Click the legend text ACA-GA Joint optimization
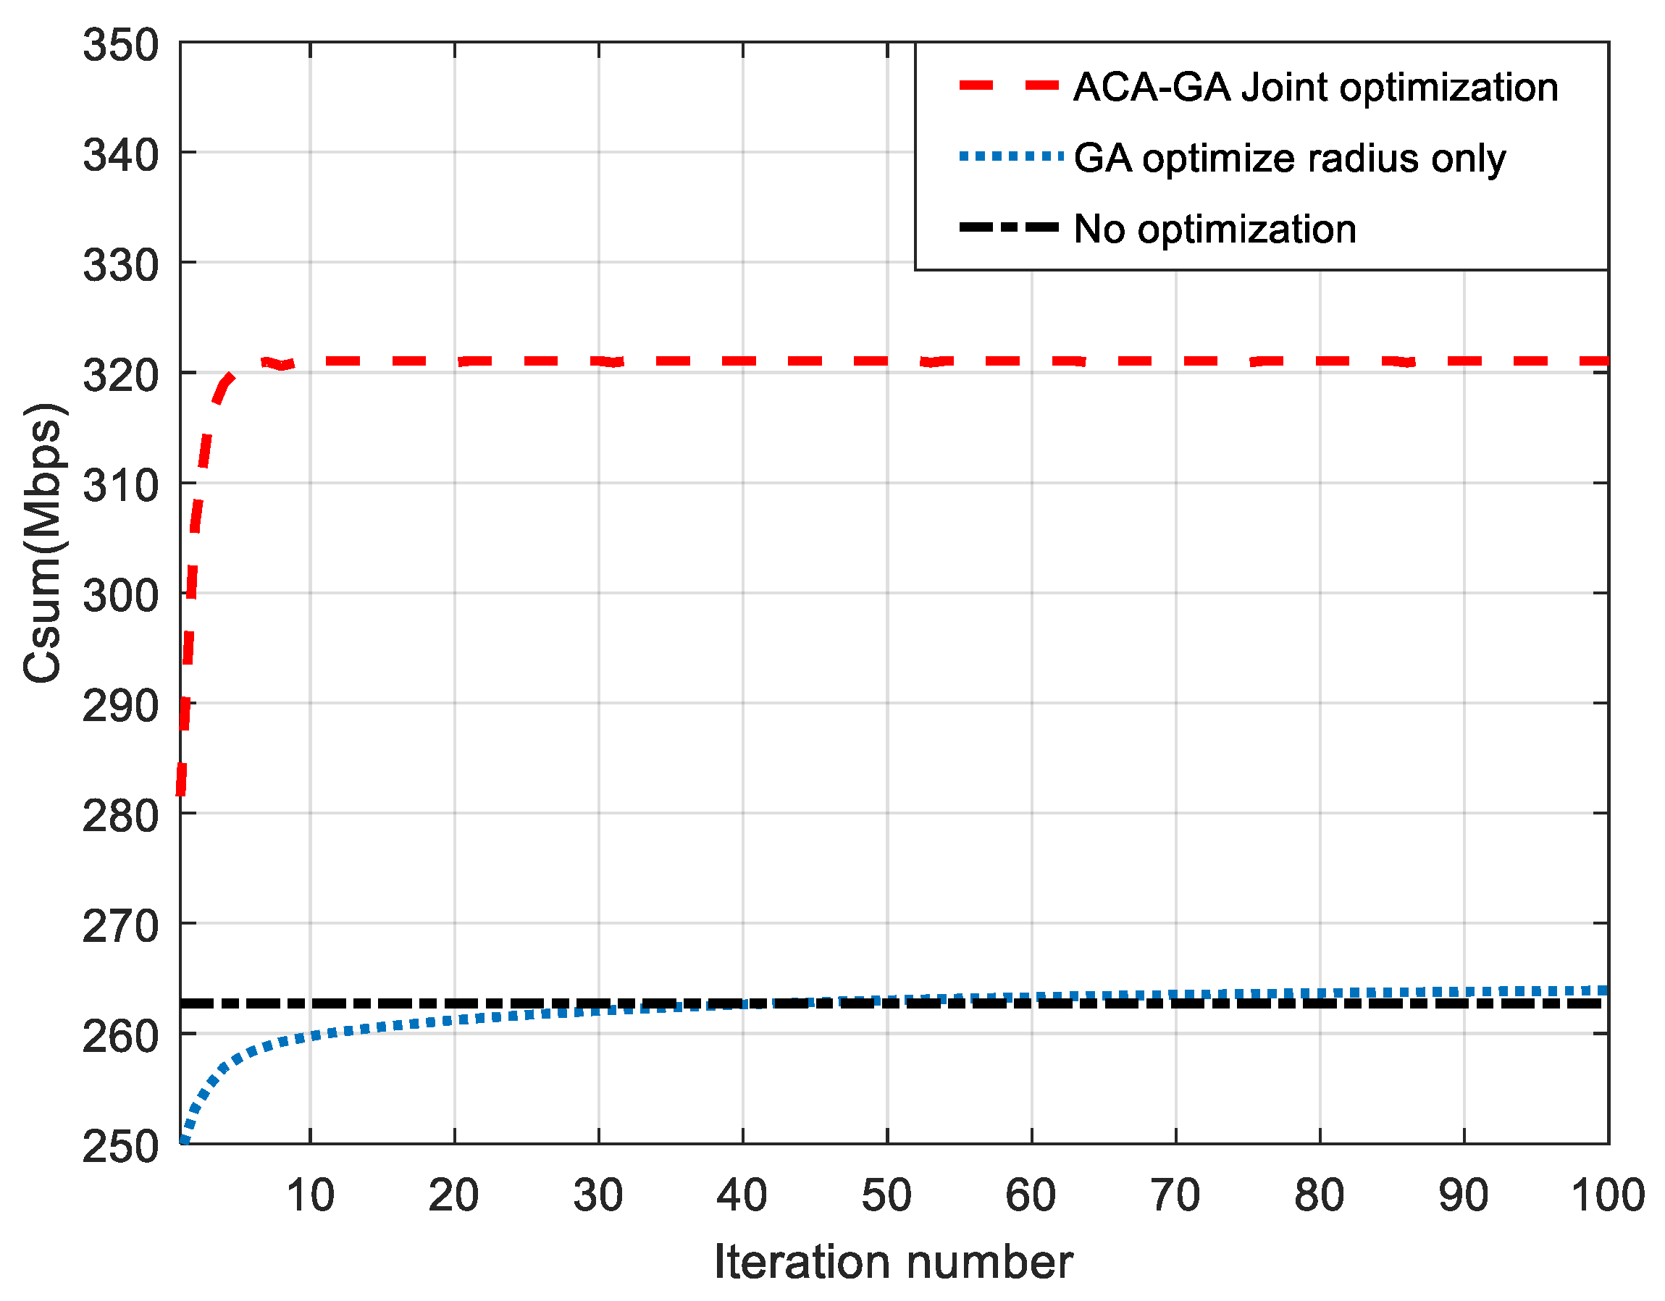click(x=1315, y=88)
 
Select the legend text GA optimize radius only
click(x=1289, y=159)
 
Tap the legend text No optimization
click(x=1215, y=229)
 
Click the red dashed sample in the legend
click(x=1009, y=86)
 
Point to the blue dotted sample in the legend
click(x=1010, y=157)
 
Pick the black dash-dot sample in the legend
click(x=1009, y=227)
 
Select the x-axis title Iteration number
click(x=893, y=1261)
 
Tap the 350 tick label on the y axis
click(x=120, y=45)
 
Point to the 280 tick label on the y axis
click(x=120, y=816)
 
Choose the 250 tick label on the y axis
click(x=120, y=1145)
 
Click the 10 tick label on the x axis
click(x=310, y=1195)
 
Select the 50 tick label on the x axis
click(x=886, y=1195)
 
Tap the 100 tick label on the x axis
click(x=1608, y=1195)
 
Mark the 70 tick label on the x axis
click(x=1175, y=1195)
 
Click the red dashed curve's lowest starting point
click(x=180, y=793)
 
